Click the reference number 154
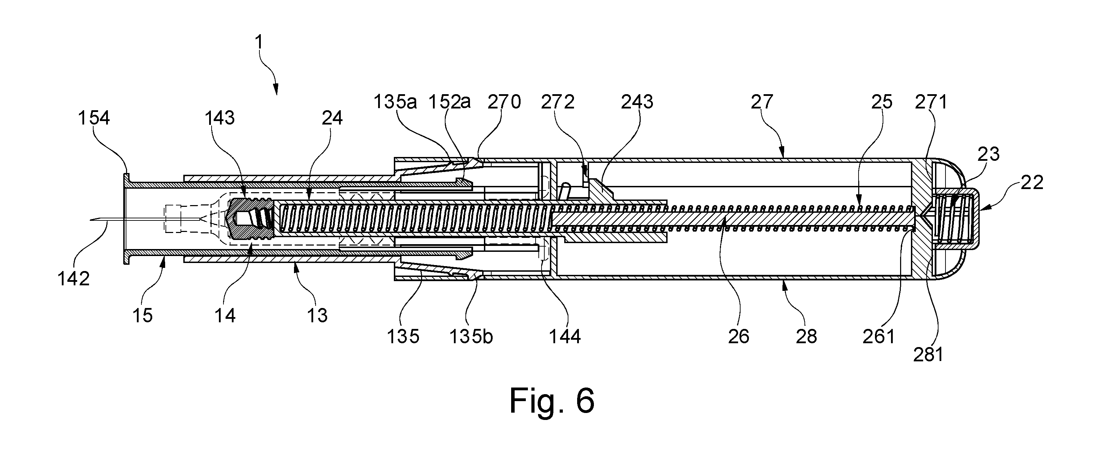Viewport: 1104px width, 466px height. pyautogui.click(x=94, y=118)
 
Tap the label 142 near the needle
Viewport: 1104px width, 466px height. pyautogui.click(x=74, y=279)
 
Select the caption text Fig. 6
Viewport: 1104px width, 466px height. pyautogui.click(x=552, y=401)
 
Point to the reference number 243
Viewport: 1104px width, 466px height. pyautogui.click(x=637, y=102)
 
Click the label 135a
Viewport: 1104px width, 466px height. pyautogui.click(x=395, y=102)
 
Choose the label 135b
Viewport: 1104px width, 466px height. pyautogui.click(x=471, y=337)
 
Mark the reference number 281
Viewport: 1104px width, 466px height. pyautogui.click(x=928, y=355)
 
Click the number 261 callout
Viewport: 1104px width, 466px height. pyautogui.click(x=879, y=337)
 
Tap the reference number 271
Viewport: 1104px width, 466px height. pyautogui.click(x=931, y=102)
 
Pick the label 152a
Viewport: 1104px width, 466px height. pyautogui.click(x=450, y=102)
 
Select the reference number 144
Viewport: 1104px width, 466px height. pyautogui.click(x=565, y=337)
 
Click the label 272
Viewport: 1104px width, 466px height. pyautogui.click(x=558, y=102)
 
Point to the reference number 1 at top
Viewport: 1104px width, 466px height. pyautogui.click(x=258, y=43)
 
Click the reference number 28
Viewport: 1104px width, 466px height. pyautogui.click(x=807, y=337)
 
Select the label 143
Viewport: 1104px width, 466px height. pyautogui.click(x=220, y=118)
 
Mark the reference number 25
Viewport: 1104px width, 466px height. pyautogui.click(x=882, y=102)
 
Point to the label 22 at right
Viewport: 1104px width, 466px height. pyautogui.click(x=1032, y=183)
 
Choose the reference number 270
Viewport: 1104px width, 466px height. pyautogui.click(x=505, y=102)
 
